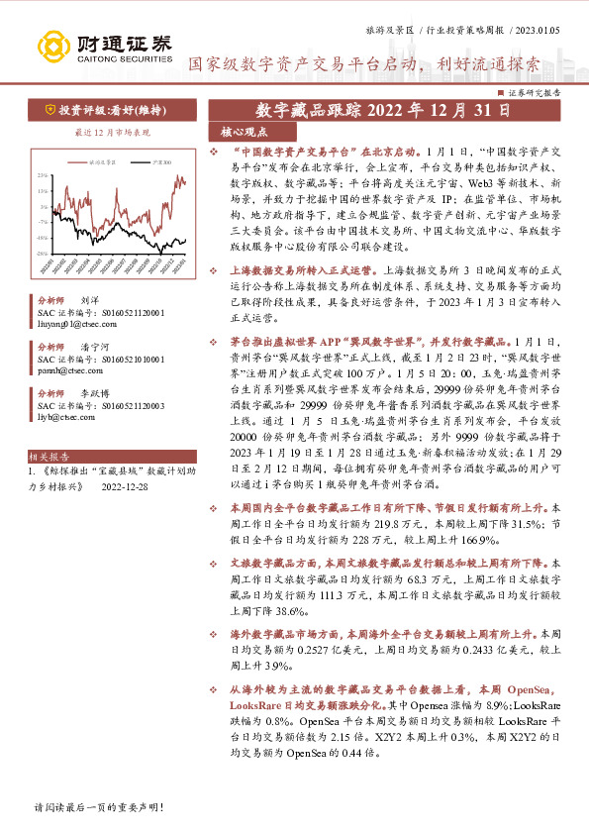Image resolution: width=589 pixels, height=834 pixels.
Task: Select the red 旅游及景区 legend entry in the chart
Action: (x=99, y=159)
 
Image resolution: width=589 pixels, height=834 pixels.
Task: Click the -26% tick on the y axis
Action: (x=43, y=253)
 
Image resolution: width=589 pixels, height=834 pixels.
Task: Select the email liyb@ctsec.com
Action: (x=62, y=417)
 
